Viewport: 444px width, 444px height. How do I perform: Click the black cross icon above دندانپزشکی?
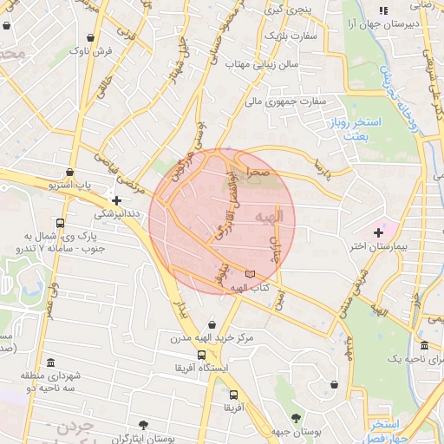tap(116, 200)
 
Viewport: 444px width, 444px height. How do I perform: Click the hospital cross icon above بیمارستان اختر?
tap(378, 232)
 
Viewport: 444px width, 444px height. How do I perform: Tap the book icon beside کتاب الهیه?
tap(251, 274)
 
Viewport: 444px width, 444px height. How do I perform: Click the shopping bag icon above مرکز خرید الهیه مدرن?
tap(212, 323)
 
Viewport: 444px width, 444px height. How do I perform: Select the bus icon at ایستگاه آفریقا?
tap(202, 354)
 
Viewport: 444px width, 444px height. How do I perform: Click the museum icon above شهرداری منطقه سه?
tap(51, 361)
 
